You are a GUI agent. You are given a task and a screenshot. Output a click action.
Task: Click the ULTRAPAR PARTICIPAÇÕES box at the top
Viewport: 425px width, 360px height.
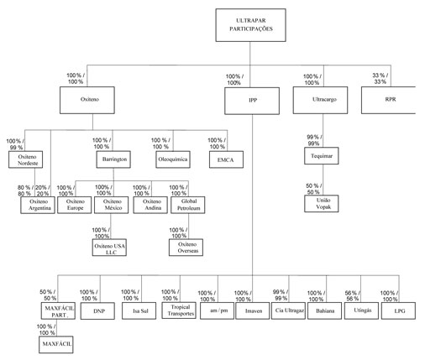250,25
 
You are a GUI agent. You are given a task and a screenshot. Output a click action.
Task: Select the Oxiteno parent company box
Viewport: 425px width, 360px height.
87,100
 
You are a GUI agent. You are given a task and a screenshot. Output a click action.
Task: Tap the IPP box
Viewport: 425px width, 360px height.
252,101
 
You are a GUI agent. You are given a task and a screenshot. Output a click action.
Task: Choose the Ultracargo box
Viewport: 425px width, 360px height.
320,100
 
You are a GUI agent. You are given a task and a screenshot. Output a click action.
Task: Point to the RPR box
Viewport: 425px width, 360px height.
389,100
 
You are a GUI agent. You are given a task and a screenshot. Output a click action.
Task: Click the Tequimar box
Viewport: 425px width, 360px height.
322,156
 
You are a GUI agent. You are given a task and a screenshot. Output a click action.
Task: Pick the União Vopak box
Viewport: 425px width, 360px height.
322,203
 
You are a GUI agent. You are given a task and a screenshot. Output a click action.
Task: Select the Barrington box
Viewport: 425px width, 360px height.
113,159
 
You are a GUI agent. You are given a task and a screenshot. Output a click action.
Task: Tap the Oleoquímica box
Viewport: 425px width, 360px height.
173,159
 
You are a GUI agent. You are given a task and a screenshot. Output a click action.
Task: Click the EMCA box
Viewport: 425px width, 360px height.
226,159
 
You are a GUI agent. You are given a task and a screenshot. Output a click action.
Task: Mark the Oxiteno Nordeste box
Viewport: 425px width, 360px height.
25,159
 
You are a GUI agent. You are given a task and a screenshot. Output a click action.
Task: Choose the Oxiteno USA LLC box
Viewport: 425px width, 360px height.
109,248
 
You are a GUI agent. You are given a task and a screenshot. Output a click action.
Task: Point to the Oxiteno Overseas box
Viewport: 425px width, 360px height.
186,248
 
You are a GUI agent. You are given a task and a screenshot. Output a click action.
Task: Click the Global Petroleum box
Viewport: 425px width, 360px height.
188,205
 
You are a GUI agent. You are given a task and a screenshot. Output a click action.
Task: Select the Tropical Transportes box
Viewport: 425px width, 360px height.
179,310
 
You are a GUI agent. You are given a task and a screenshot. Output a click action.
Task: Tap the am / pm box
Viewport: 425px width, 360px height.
217,310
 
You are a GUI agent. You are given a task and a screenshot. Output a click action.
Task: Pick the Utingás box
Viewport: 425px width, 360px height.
361,310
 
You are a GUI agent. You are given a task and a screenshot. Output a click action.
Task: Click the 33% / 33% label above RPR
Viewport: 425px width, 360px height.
380,79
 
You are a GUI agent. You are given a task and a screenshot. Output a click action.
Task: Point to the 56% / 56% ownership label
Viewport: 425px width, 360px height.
352,296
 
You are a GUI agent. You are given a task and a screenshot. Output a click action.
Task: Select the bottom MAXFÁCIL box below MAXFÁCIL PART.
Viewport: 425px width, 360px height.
56,345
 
